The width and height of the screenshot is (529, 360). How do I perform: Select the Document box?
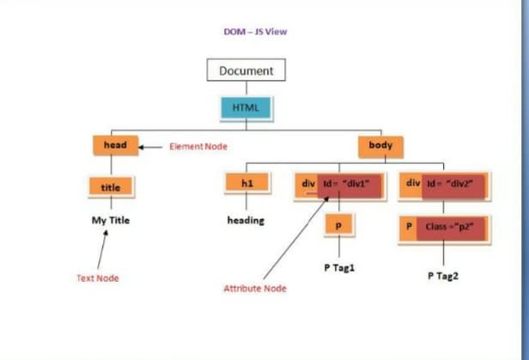tap(246, 70)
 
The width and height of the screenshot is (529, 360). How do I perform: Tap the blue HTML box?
tap(246, 108)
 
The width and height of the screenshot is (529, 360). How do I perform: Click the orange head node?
tap(115, 145)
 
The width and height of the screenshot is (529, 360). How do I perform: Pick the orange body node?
tap(380, 145)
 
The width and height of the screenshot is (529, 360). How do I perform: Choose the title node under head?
tap(111, 186)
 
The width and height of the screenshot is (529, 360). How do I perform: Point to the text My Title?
tap(111, 220)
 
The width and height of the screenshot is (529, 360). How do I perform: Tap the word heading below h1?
tap(246, 220)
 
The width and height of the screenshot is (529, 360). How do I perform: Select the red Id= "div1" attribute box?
tap(349, 184)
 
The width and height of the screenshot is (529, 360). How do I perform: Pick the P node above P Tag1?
tap(338, 226)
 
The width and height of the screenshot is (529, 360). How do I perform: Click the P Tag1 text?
tap(339, 267)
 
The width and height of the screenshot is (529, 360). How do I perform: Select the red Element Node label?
tap(198, 146)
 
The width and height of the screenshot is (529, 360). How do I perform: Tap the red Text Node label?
tap(98, 278)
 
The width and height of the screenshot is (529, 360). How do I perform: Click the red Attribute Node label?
tap(255, 288)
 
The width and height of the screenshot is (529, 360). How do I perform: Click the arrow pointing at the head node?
tap(151, 146)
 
